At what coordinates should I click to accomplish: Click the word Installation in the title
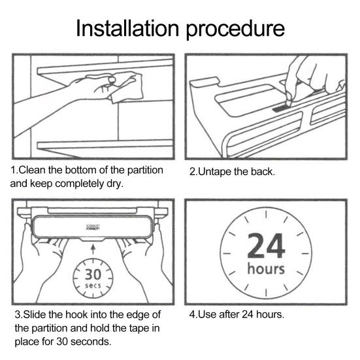[x=127, y=28]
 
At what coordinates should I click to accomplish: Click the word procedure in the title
[x=235, y=31]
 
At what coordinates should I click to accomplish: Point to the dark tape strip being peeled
[x=280, y=108]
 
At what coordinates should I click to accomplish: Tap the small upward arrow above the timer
[x=93, y=250]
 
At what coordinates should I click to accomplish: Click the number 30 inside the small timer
[x=93, y=274]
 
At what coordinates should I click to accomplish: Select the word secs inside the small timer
[x=93, y=286]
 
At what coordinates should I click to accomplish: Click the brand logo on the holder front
[x=93, y=227]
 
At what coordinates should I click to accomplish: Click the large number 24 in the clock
[x=267, y=246]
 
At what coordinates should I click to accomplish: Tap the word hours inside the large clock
[x=266, y=269]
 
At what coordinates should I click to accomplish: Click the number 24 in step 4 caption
[x=248, y=314]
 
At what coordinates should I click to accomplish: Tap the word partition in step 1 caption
[x=145, y=171]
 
